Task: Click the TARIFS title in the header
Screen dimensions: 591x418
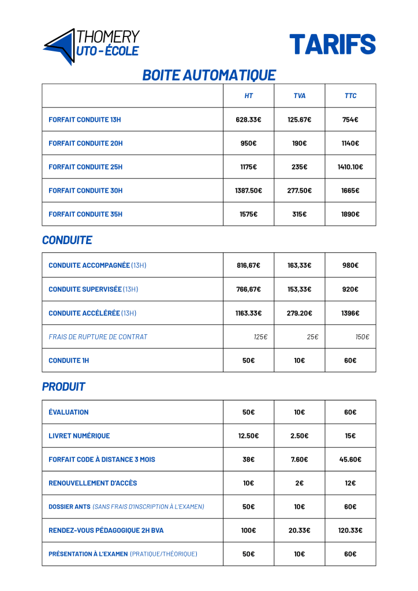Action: pos(332,44)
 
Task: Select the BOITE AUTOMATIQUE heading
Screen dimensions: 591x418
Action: pos(209,75)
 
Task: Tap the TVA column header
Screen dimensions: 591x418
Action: pos(300,96)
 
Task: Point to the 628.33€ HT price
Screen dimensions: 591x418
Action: pos(248,119)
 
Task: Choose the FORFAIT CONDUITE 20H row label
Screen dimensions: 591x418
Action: pos(85,143)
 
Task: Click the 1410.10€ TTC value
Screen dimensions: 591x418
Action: pos(350,167)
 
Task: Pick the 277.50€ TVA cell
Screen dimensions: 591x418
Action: pos(300,190)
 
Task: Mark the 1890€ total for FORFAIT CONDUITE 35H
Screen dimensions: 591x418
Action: pos(350,214)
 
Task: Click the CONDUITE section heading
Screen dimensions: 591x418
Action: pos(67,240)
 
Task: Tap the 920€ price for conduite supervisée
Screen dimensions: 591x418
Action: pos(350,289)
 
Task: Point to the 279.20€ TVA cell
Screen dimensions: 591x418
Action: pos(300,313)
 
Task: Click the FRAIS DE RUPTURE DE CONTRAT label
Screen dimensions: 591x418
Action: pos(98,336)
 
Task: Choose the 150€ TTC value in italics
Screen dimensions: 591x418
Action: pos(362,336)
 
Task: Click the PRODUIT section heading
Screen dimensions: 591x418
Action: pos(64,387)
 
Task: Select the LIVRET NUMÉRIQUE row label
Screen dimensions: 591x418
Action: pos(79,436)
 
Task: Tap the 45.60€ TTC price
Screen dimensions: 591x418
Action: pos(350,459)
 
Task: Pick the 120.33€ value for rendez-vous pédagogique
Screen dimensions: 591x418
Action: pos(350,530)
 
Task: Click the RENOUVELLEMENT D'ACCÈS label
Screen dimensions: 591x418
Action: pos(93,483)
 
